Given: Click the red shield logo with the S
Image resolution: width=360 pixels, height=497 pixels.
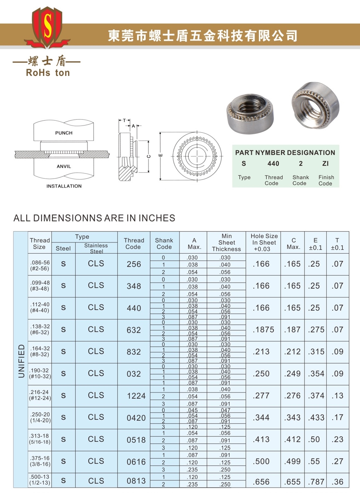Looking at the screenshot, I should coord(47,28).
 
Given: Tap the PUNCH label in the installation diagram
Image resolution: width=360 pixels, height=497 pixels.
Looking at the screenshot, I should coord(64,133).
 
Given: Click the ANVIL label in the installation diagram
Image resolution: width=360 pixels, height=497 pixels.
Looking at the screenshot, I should coord(64,166).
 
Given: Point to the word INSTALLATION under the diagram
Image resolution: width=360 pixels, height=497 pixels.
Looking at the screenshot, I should coord(64,186).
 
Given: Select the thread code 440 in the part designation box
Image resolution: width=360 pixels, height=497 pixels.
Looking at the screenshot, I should coord(273,163).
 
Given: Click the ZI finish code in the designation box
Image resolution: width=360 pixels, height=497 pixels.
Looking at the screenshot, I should coord(325,163).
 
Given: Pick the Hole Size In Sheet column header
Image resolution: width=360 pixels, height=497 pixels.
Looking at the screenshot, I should coord(264,242).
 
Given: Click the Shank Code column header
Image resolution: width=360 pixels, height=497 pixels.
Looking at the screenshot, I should coord(164,244).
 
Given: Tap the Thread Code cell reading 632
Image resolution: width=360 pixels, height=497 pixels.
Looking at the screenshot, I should coord(134,330).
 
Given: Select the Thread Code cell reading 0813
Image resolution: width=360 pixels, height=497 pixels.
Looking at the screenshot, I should coord(136,481).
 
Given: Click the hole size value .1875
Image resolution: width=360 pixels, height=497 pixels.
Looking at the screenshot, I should coord(263,330).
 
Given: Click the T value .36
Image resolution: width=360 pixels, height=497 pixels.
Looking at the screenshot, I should coord(337,481).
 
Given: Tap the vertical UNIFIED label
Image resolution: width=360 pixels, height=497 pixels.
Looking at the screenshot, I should coord(21,361).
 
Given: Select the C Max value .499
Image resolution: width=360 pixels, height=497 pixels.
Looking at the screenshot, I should coord(292,461).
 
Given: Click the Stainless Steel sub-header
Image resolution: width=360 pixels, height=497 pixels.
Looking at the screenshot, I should coord(96,248).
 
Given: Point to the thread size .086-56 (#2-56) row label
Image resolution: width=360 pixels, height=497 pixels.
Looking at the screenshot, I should coord(40,265).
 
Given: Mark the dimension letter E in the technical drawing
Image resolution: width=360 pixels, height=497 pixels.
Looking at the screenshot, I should coord(160,155).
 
